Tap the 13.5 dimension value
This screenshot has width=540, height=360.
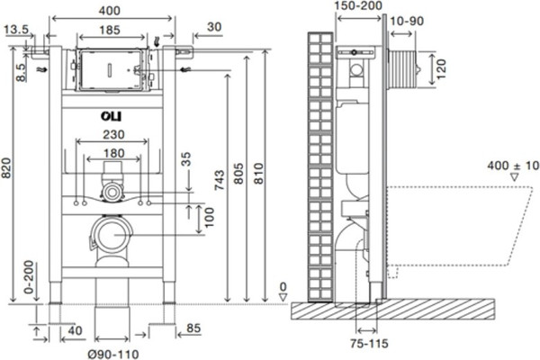coord(14,30)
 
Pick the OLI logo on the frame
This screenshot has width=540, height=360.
coord(107,116)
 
